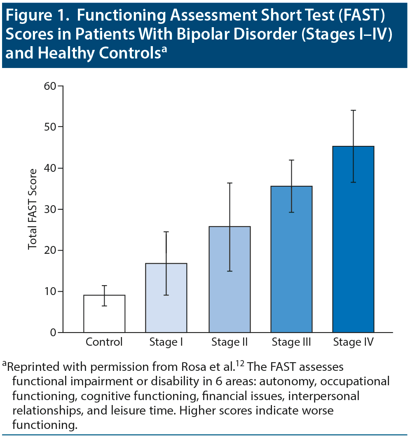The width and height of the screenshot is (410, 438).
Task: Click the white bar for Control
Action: pyautogui.click(x=104, y=314)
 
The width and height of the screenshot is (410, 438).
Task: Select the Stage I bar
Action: pyautogui.click(x=166, y=297)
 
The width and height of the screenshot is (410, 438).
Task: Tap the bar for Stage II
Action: pyautogui.click(x=230, y=279)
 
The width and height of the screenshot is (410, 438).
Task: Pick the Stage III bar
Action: pyautogui.click(x=292, y=259)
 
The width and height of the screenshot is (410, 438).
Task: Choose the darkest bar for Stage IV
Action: pyautogui.click(x=353, y=239)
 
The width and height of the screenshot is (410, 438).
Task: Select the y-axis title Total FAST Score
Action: pyautogui.click(x=33, y=209)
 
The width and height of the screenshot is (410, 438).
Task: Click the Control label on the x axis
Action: pyautogui.click(x=104, y=342)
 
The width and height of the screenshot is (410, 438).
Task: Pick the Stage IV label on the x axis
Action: pyautogui.click(x=353, y=342)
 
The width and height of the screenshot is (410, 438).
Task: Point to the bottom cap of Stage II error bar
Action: pyautogui.click(x=230, y=271)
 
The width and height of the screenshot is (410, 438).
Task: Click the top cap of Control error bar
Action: pyautogui.click(x=104, y=286)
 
